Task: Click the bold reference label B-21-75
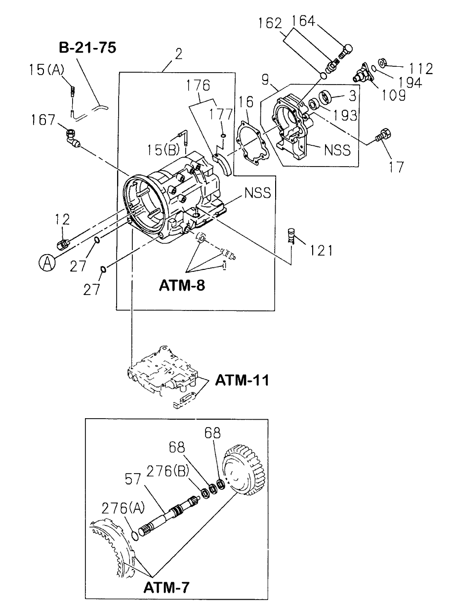click(87, 49)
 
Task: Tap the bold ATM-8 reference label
click(182, 285)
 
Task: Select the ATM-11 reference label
click(242, 380)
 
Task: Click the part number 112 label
click(418, 69)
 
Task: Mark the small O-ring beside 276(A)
click(135, 536)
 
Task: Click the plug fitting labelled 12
click(63, 244)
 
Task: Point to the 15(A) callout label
click(44, 70)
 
